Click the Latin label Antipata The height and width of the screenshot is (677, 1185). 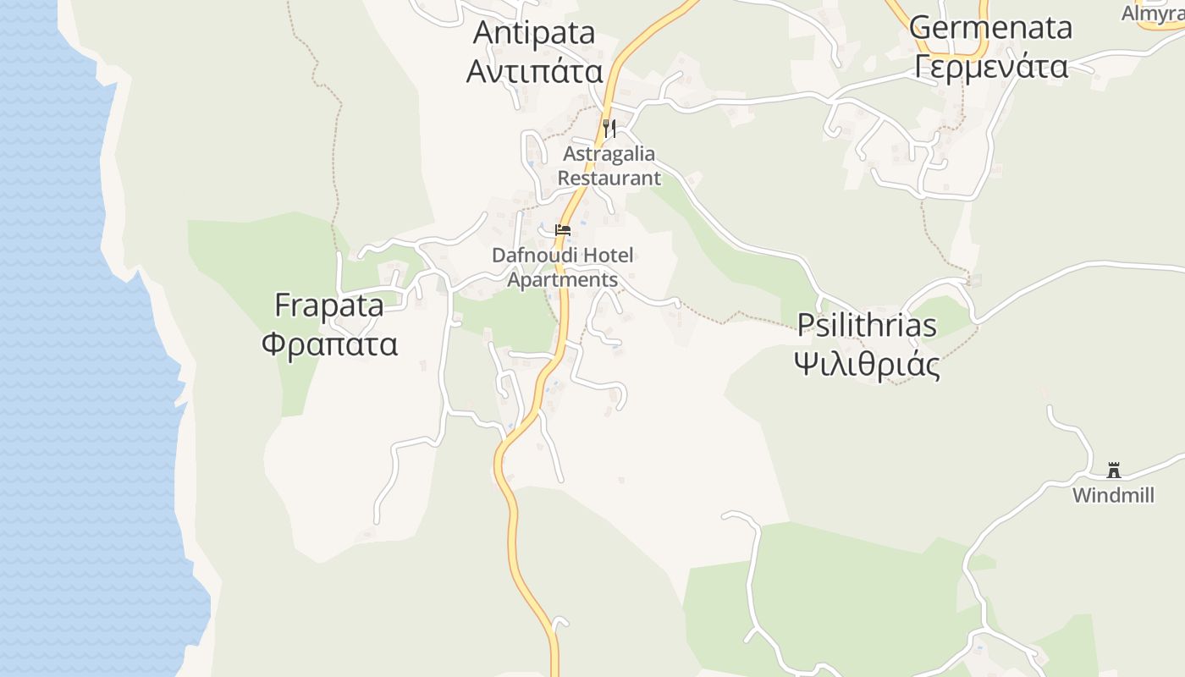click(534, 33)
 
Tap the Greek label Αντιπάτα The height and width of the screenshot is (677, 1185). click(534, 71)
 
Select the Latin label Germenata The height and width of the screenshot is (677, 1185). click(990, 27)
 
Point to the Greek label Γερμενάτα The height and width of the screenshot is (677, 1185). click(990, 65)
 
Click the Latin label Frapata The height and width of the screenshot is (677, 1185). click(329, 305)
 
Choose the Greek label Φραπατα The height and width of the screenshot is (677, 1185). click(329, 344)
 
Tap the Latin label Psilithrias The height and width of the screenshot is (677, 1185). click(868, 326)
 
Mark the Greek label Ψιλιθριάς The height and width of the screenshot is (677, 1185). click(868, 365)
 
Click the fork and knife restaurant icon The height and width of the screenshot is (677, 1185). click(609, 129)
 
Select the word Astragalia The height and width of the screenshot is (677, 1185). click(609, 154)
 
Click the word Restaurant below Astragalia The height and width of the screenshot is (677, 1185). click(609, 178)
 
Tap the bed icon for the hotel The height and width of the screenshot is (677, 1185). click(563, 230)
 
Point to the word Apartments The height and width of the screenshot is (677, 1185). click(563, 279)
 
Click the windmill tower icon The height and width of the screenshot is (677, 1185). click(1114, 471)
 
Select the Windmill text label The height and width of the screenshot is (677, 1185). click(1113, 496)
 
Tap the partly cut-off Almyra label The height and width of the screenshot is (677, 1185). click(1152, 14)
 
